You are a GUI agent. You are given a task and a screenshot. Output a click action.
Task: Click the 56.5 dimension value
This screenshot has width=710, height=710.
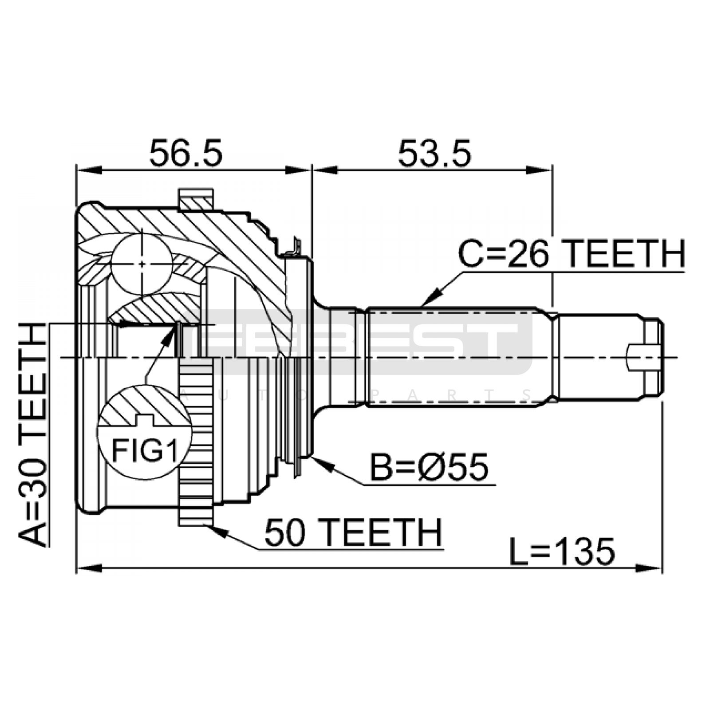(x=185, y=153)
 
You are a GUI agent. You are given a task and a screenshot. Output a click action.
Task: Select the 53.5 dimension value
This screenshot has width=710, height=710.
(x=434, y=153)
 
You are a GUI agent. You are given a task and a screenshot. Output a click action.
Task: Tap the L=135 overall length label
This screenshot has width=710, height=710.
(x=562, y=552)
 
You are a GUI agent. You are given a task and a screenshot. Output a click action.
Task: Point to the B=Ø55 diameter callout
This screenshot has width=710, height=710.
(x=429, y=467)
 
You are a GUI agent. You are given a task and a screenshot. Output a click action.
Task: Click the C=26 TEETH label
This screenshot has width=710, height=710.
(x=572, y=253)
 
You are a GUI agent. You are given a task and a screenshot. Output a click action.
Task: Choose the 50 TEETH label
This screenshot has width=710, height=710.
(x=354, y=532)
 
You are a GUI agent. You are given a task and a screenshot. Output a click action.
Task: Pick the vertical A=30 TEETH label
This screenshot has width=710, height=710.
(x=32, y=434)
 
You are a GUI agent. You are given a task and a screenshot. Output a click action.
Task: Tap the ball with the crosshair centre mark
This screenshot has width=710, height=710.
(x=142, y=264)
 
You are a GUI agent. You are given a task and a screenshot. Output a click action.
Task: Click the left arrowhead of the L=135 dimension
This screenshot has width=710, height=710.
(x=90, y=568)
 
